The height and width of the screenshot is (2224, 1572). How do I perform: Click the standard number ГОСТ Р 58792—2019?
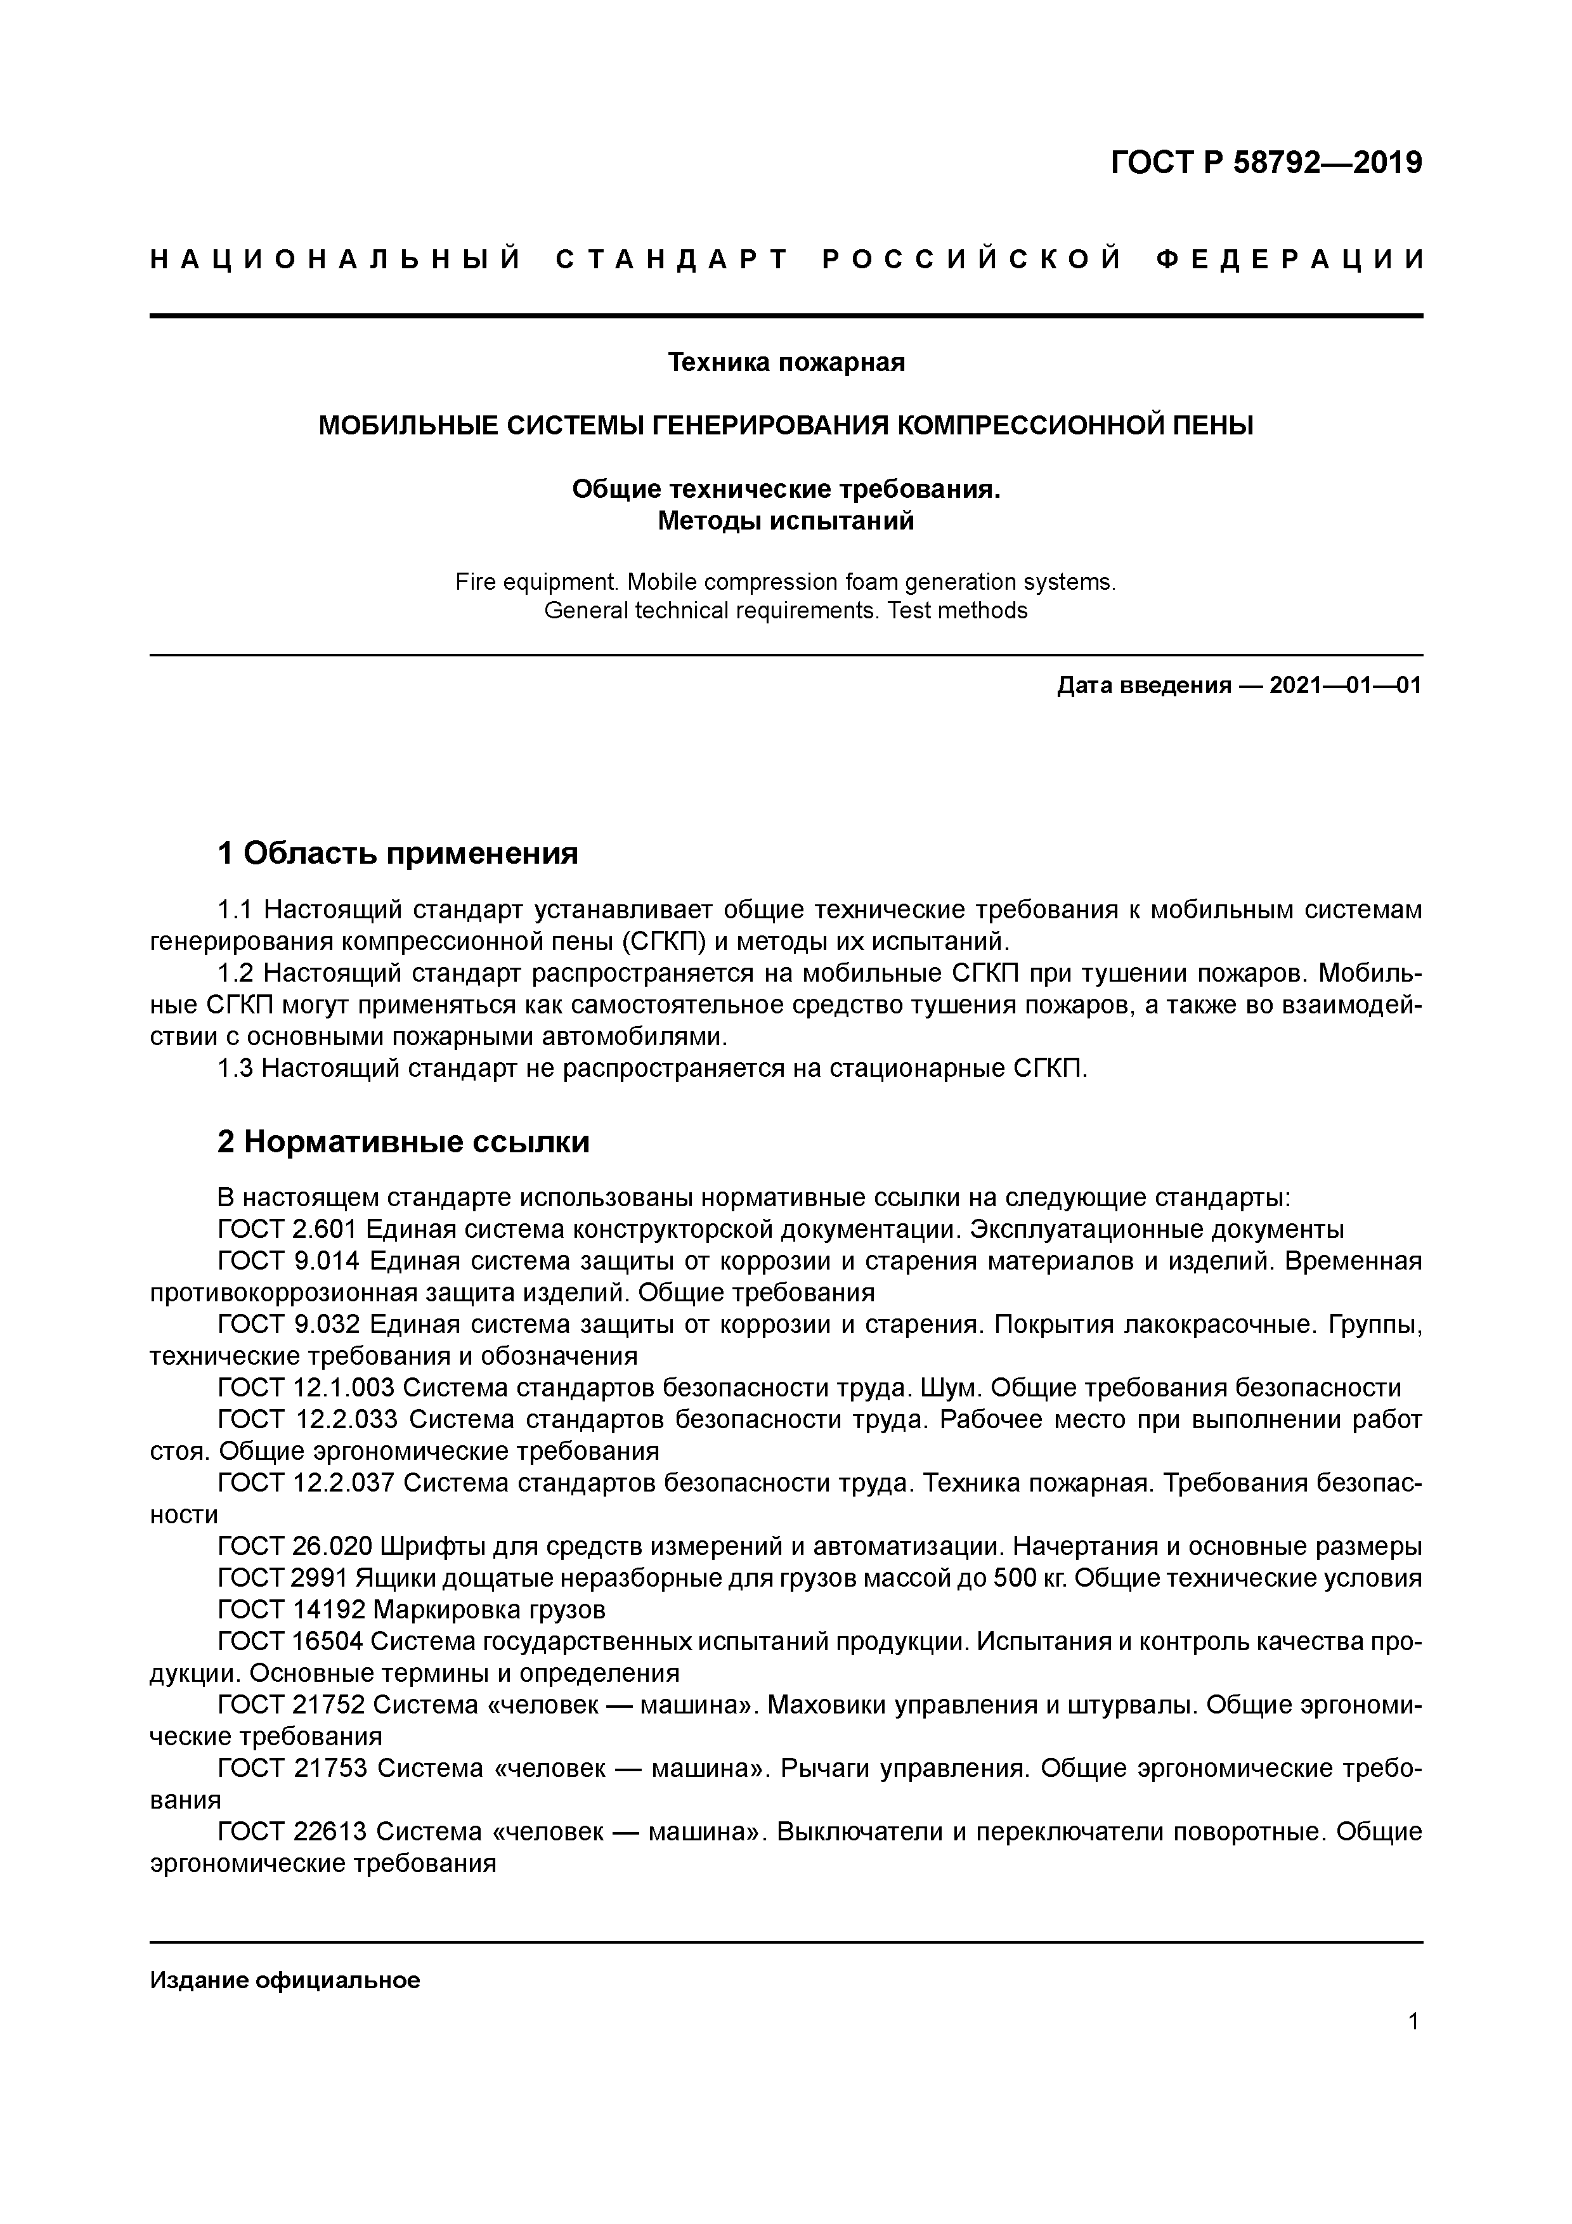(1266, 163)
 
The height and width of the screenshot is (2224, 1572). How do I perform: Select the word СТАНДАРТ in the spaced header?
(672, 259)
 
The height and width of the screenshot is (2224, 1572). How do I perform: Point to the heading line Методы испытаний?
(786, 521)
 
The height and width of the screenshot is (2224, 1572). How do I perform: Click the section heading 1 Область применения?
(397, 854)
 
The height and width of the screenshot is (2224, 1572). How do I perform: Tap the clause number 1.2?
(237, 973)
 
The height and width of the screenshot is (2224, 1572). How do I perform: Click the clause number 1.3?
(237, 1069)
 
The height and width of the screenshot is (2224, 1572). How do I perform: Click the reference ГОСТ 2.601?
(289, 1230)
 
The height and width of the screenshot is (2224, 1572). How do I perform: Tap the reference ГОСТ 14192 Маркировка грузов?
(412, 1610)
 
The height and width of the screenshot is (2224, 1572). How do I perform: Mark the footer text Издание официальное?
(285, 1980)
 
